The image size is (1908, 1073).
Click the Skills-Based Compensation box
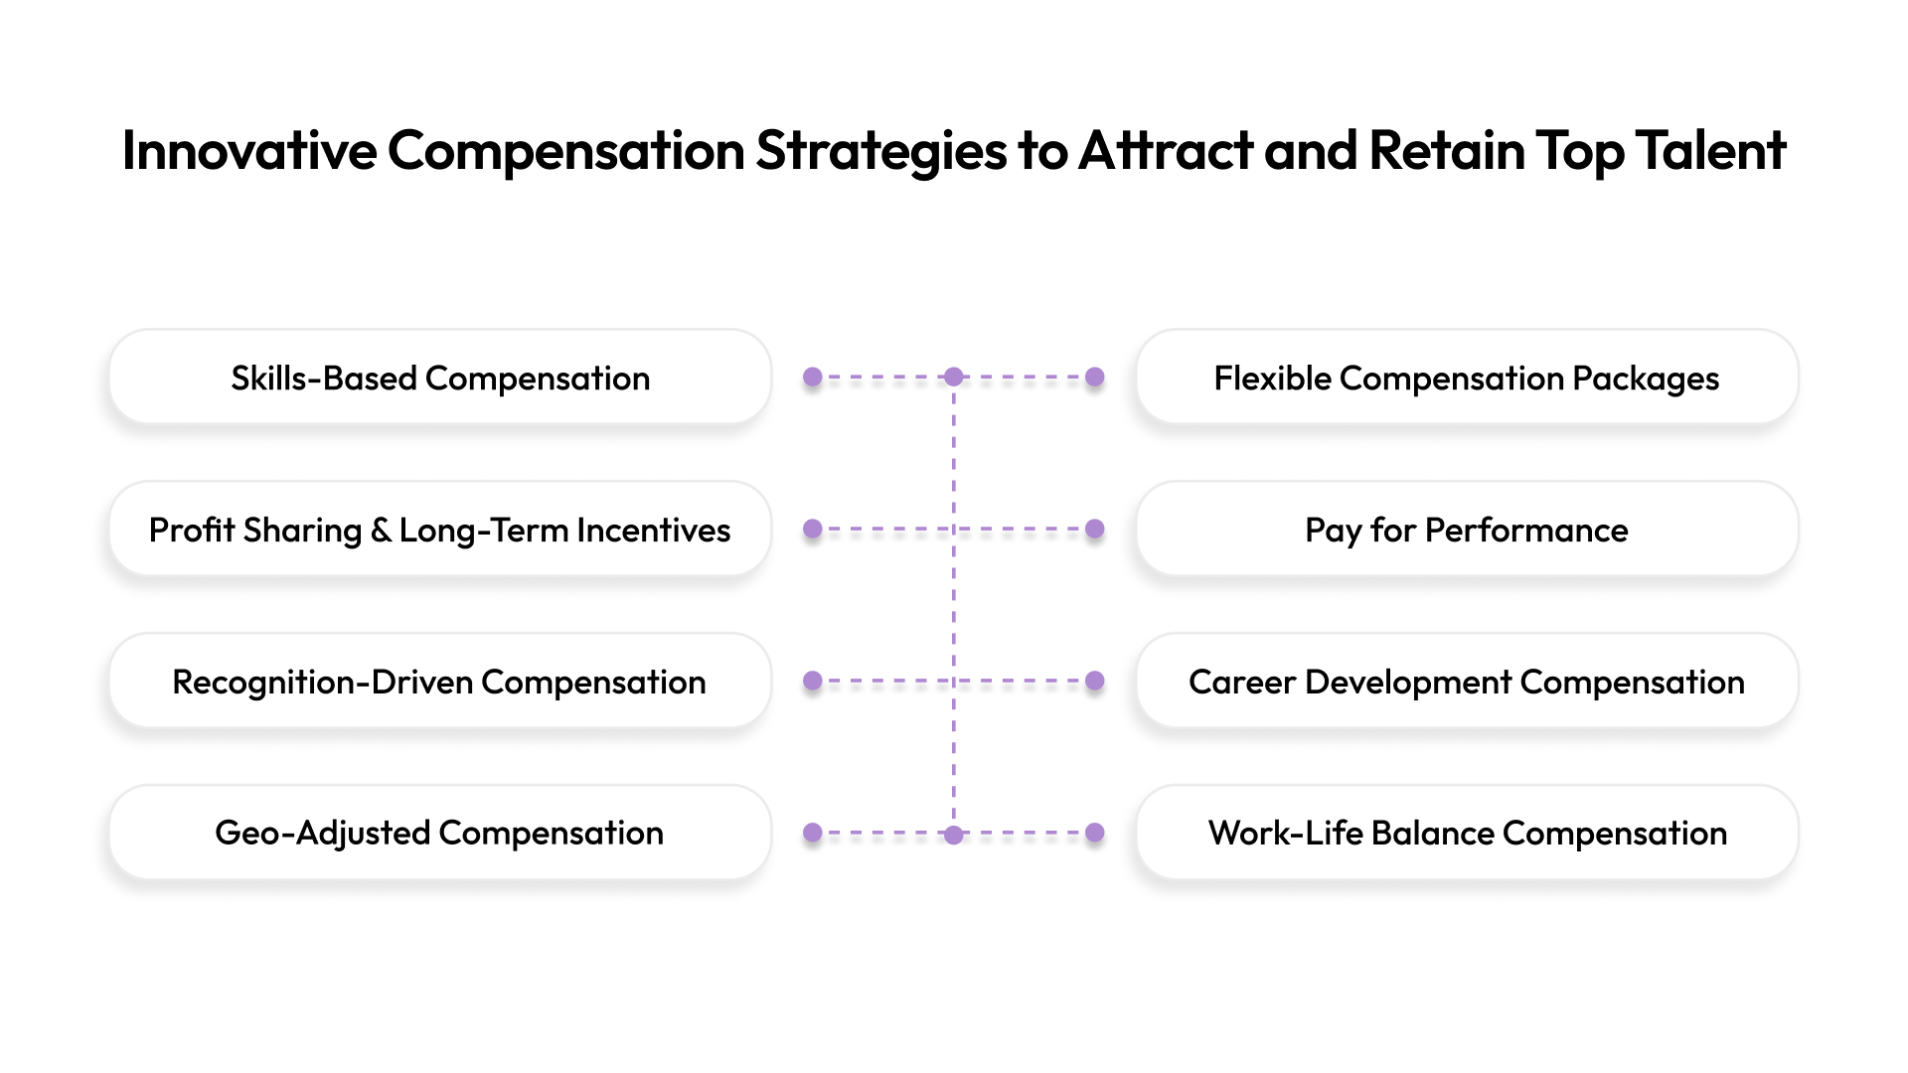point(440,378)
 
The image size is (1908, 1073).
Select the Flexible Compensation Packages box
point(1467,378)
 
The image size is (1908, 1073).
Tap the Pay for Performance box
point(1467,530)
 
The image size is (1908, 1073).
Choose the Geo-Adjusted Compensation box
point(440,833)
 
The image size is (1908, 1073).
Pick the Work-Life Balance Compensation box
point(1467,833)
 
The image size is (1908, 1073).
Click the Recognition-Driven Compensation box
point(440,682)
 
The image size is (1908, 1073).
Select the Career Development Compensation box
point(1467,682)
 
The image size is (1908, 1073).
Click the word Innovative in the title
point(249,151)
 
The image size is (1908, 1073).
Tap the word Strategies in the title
point(880,151)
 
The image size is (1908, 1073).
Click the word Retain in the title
point(1447,151)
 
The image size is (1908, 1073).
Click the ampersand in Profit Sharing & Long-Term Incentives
point(381,531)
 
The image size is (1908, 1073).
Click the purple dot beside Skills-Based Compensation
point(813,378)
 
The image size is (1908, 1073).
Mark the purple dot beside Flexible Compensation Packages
point(1095,378)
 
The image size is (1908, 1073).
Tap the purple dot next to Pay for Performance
point(1095,530)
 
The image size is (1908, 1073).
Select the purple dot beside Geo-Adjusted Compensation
point(813,833)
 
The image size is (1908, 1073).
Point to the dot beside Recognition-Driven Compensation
point(813,682)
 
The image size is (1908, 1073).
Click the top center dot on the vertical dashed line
point(954,378)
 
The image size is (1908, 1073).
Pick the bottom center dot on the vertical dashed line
point(954,835)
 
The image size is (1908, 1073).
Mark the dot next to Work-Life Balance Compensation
point(1095,833)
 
